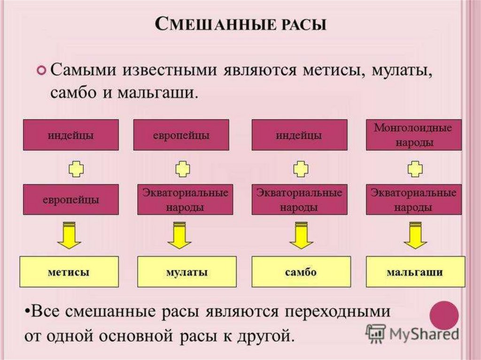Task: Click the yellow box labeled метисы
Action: pyautogui.click(x=69, y=272)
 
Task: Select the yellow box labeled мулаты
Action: pyautogui.click(x=186, y=272)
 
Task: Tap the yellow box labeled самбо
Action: pyautogui.click(x=301, y=272)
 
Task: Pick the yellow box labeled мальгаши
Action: pyautogui.click(x=415, y=272)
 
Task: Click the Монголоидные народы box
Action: pyautogui.click(x=413, y=135)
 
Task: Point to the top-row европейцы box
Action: pyautogui.click(x=181, y=135)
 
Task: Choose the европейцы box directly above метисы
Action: pyautogui.click(x=70, y=199)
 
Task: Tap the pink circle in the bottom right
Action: pyautogui.click(x=444, y=315)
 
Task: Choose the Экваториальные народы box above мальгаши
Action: pyautogui.click(x=413, y=199)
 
